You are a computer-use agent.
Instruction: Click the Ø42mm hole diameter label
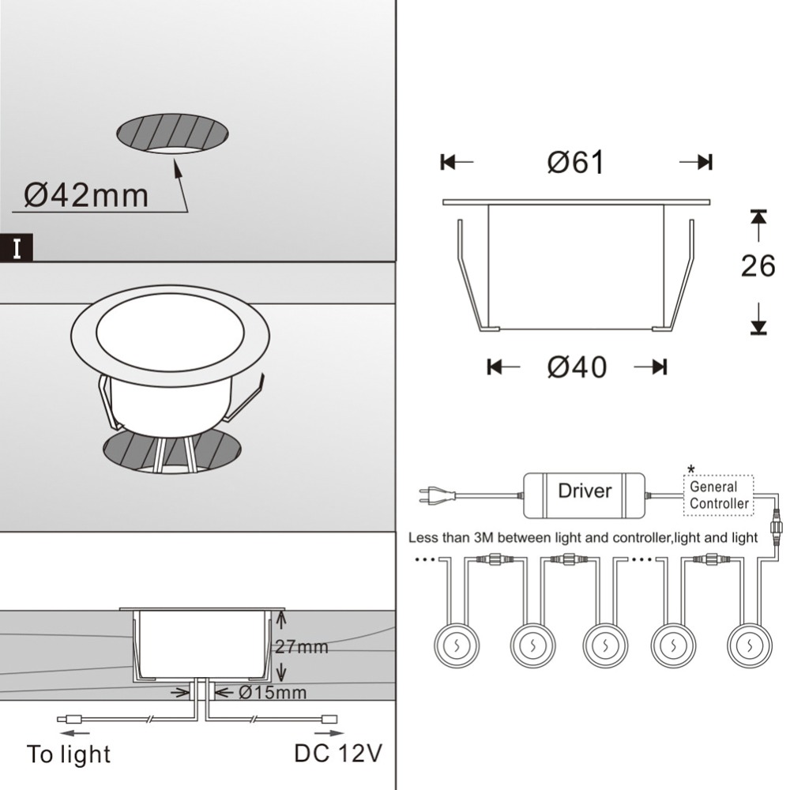[x=86, y=195]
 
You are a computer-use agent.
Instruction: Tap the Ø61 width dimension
[x=575, y=163]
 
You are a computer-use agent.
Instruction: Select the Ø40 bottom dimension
[x=577, y=367]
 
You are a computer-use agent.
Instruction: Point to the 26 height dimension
[x=758, y=265]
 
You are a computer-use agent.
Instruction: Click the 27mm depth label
[x=301, y=646]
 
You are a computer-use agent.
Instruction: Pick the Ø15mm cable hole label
[x=272, y=693]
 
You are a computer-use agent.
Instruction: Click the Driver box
[x=585, y=495]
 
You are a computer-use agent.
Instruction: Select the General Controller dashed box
[x=718, y=495]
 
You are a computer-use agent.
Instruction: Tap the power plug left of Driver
[x=437, y=495]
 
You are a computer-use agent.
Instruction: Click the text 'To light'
[x=69, y=754]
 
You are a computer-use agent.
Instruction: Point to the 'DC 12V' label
[x=338, y=753]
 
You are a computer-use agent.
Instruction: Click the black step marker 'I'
[x=17, y=248]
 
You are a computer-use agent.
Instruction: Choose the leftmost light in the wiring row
[x=457, y=645]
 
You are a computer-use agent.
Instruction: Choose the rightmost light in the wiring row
[x=750, y=645]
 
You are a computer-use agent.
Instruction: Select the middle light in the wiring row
[x=605, y=645]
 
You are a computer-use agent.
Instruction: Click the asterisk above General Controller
[x=690, y=469]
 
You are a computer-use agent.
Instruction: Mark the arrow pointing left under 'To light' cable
[x=74, y=732]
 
